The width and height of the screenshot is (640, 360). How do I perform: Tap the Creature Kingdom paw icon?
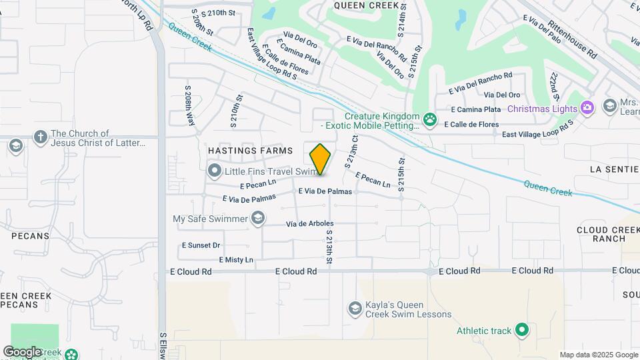coord(430,120)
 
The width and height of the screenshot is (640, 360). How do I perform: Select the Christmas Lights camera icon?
coord(587,107)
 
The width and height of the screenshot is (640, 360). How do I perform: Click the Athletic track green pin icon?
coord(523,329)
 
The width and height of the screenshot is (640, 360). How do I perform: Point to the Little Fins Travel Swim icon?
coord(215,172)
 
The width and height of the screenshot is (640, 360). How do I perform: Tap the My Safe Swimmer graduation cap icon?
coord(257,218)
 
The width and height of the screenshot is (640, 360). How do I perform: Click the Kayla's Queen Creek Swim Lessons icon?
coord(355,308)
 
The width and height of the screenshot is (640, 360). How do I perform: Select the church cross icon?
coord(40,137)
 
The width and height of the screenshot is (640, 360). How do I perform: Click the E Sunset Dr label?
coord(201,245)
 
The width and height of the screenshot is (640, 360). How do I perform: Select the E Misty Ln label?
coord(236,259)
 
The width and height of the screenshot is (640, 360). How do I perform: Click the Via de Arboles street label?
coord(309,223)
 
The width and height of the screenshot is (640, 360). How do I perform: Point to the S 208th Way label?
coord(189,105)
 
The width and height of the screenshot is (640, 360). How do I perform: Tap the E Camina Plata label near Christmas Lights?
coord(476,109)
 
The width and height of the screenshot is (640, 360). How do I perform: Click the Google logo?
coord(21,352)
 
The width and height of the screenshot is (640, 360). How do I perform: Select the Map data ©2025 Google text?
coord(598,355)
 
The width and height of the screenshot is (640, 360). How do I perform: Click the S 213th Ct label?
coord(351,151)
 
